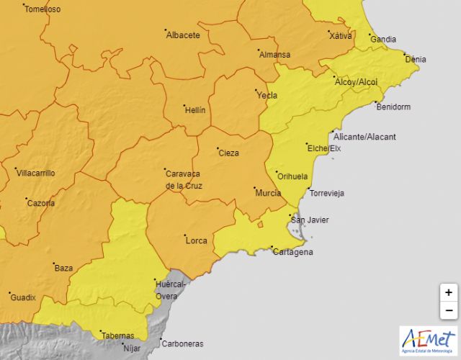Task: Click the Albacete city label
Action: (182, 35)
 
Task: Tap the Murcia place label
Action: (268, 193)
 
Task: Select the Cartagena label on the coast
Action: (292, 252)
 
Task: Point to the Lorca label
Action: (197, 240)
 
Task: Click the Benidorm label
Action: (393, 107)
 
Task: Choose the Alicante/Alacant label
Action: (364, 137)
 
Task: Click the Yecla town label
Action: (267, 95)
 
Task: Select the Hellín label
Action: (194, 110)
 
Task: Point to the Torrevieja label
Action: (326, 193)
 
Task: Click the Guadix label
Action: (22, 297)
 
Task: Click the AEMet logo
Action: (428, 340)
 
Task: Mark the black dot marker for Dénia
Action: (406, 55)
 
